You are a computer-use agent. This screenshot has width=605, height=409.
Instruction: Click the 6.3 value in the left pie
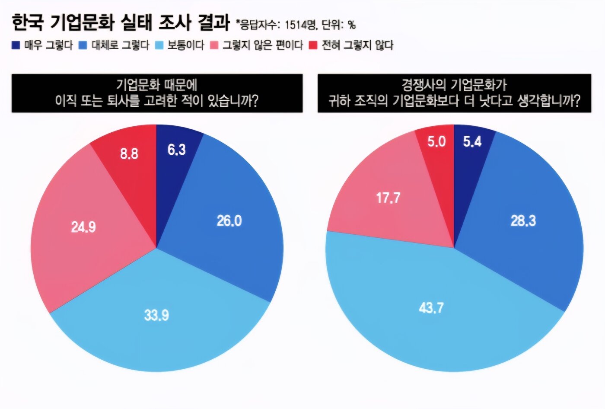176,150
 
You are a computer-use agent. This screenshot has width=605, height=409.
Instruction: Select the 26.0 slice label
229,221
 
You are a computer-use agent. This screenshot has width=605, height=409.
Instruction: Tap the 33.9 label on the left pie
156,315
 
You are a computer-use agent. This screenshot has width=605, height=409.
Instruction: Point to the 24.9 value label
83,227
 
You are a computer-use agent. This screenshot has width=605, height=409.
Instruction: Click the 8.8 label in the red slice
129,153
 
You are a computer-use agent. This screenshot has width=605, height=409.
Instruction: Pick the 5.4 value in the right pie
472,141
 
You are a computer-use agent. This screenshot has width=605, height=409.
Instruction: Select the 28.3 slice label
523,221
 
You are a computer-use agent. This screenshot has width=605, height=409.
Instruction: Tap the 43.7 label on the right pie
431,308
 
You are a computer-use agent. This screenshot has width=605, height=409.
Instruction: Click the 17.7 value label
388,198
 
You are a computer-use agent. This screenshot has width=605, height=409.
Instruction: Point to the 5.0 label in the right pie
436,141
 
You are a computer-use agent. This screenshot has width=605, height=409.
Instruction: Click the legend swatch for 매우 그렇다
16,45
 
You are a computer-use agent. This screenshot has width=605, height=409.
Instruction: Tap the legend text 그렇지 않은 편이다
263,45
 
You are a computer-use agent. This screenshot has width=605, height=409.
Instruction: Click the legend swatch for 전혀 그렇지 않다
313,45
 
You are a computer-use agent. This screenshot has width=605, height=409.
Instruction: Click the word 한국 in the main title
28,22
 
